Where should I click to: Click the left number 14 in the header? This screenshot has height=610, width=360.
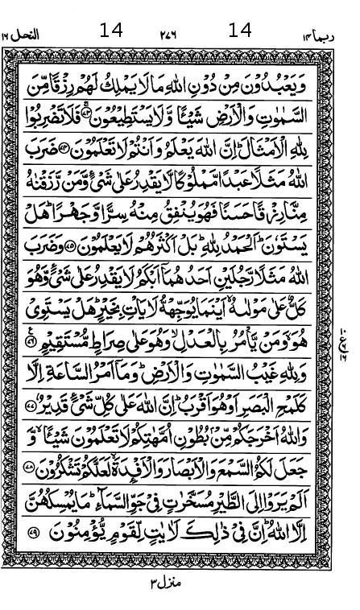click(x=111, y=30)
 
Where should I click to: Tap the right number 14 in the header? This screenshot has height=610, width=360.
click(x=240, y=30)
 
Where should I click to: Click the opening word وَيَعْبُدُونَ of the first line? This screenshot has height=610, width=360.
click(x=289, y=64)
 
